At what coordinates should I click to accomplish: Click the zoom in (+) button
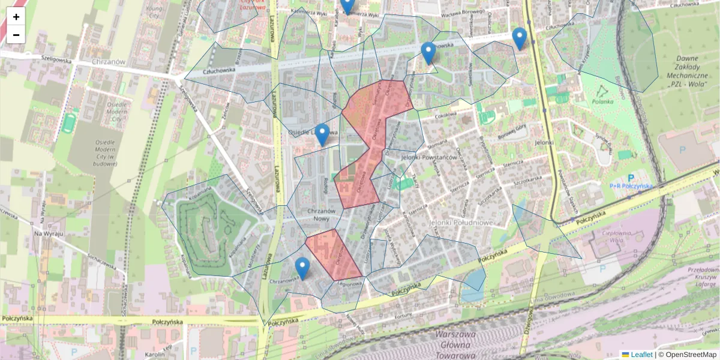tap(16, 17)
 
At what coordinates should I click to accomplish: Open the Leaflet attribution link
tap(641, 355)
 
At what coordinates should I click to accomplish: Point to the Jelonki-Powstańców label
tap(428, 157)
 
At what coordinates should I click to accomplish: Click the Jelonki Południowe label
tap(461, 222)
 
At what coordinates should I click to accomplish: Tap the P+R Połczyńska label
tap(631, 185)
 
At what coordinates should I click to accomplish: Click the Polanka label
tap(604, 101)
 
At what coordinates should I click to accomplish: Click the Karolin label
tap(154, 354)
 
